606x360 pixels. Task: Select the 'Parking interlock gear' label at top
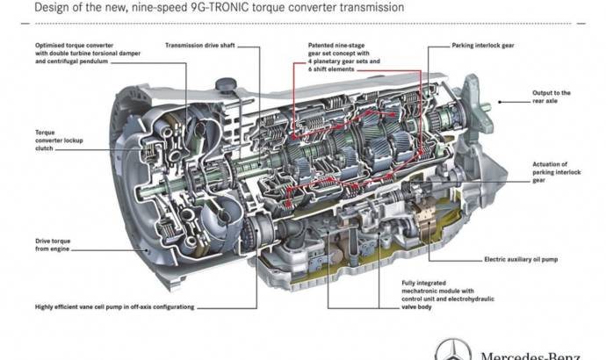481,44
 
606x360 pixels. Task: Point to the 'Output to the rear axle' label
552,96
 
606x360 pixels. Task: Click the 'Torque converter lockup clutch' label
54,141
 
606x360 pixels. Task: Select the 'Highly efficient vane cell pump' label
114,306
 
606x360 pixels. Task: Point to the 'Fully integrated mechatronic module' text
444,287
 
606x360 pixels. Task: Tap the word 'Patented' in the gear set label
323,44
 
